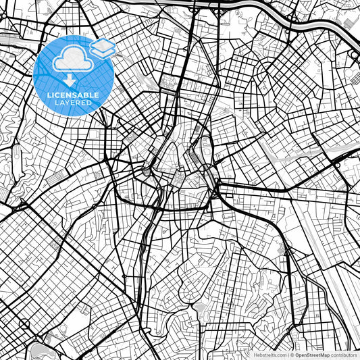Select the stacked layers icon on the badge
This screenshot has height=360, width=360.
[103, 48]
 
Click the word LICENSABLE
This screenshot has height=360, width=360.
[72, 95]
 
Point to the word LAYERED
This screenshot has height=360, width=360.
[72, 104]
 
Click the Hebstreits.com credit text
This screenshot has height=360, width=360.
[269, 355]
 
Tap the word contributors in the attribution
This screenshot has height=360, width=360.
[344, 355]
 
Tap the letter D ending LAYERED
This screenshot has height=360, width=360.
[91, 104]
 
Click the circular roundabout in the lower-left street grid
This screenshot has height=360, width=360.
[25, 324]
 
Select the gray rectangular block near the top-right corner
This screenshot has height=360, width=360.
[348, 24]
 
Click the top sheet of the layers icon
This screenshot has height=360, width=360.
[103, 45]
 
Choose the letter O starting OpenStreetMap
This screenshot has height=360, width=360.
[298, 355]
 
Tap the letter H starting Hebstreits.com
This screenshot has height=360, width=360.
[255, 355]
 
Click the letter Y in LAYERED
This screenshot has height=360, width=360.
[66, 104]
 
